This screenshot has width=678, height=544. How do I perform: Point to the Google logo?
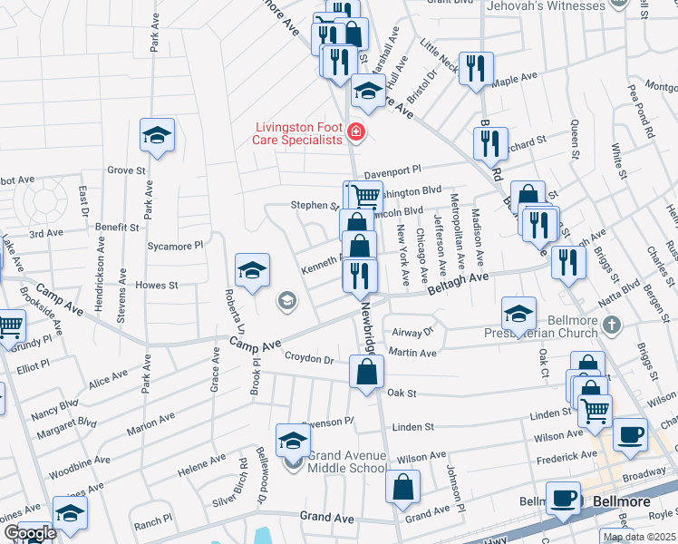point(29,533)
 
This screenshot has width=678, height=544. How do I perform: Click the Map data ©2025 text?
point(637,537)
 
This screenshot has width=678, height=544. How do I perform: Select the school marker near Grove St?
point(158,137)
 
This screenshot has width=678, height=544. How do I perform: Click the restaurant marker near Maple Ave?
point(476,69)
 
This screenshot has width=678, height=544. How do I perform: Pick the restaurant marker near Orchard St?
point(490,143)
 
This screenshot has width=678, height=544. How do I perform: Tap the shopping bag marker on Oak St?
point(366,372)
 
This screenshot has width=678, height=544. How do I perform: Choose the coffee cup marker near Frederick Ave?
point(631,434)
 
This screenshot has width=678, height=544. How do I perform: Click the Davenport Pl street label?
point(393,170)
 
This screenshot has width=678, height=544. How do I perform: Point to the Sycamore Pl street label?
point(176,246)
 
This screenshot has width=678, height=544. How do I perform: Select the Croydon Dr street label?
point(310,359)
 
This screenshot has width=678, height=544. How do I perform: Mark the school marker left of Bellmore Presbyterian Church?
point(518,314)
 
